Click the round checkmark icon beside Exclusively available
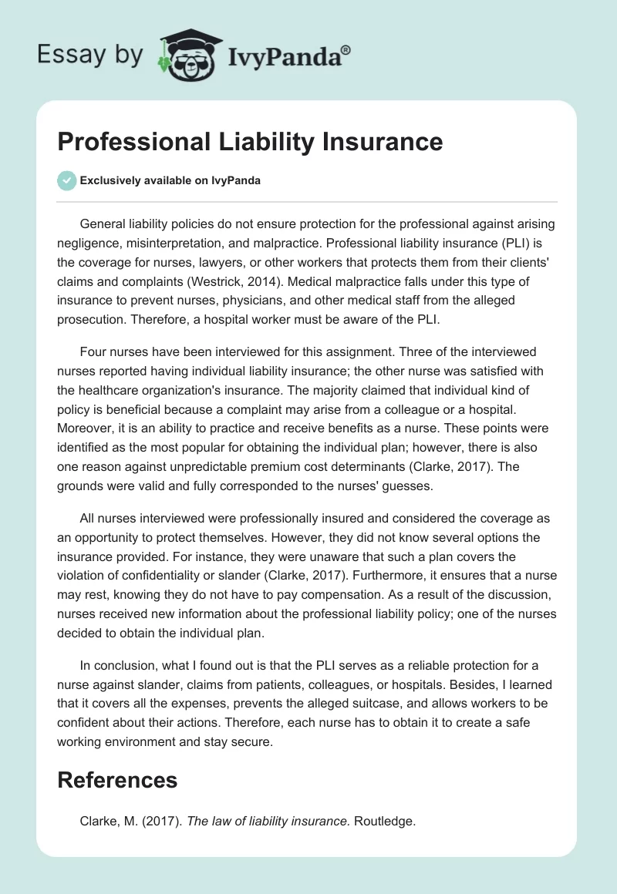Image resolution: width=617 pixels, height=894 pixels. click(66, 180)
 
